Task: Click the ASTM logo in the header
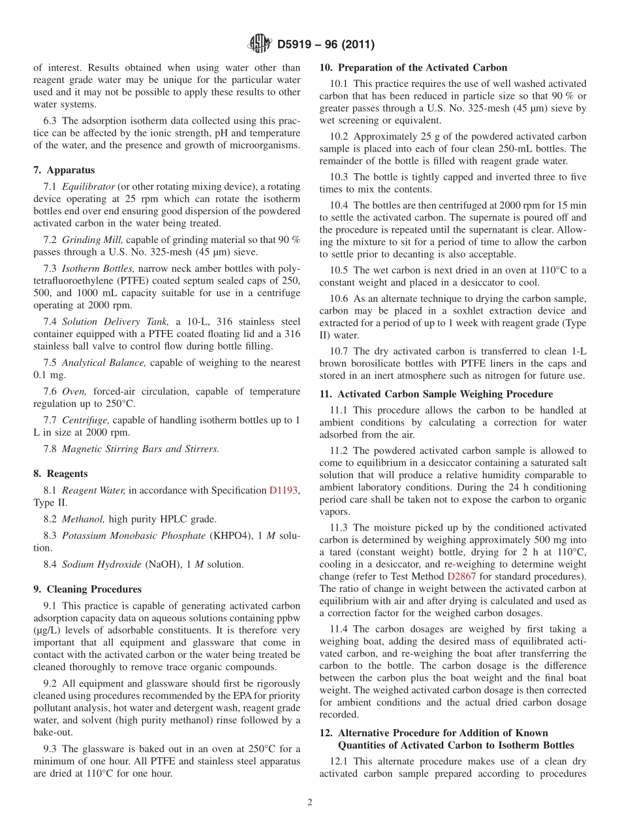[260, 44]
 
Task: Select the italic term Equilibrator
[88, 186]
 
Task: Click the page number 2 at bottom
[310, 802]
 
